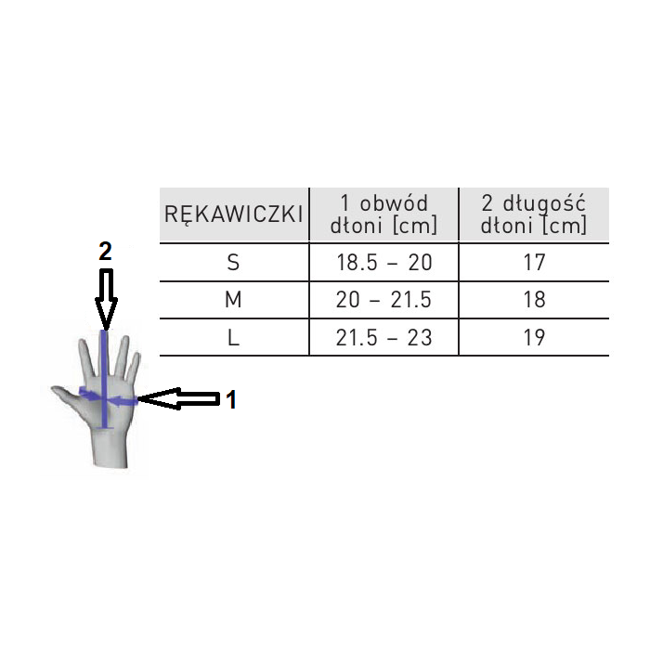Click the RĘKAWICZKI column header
233,214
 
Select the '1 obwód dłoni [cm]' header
383,214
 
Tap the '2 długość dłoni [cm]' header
534,214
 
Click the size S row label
233,263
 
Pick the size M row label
233,300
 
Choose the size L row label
233,337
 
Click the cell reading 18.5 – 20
383,263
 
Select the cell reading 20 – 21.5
383,300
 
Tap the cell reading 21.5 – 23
383,337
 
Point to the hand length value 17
534,263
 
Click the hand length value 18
534,300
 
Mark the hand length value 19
534,337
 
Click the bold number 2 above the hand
105,251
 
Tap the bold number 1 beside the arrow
231,399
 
